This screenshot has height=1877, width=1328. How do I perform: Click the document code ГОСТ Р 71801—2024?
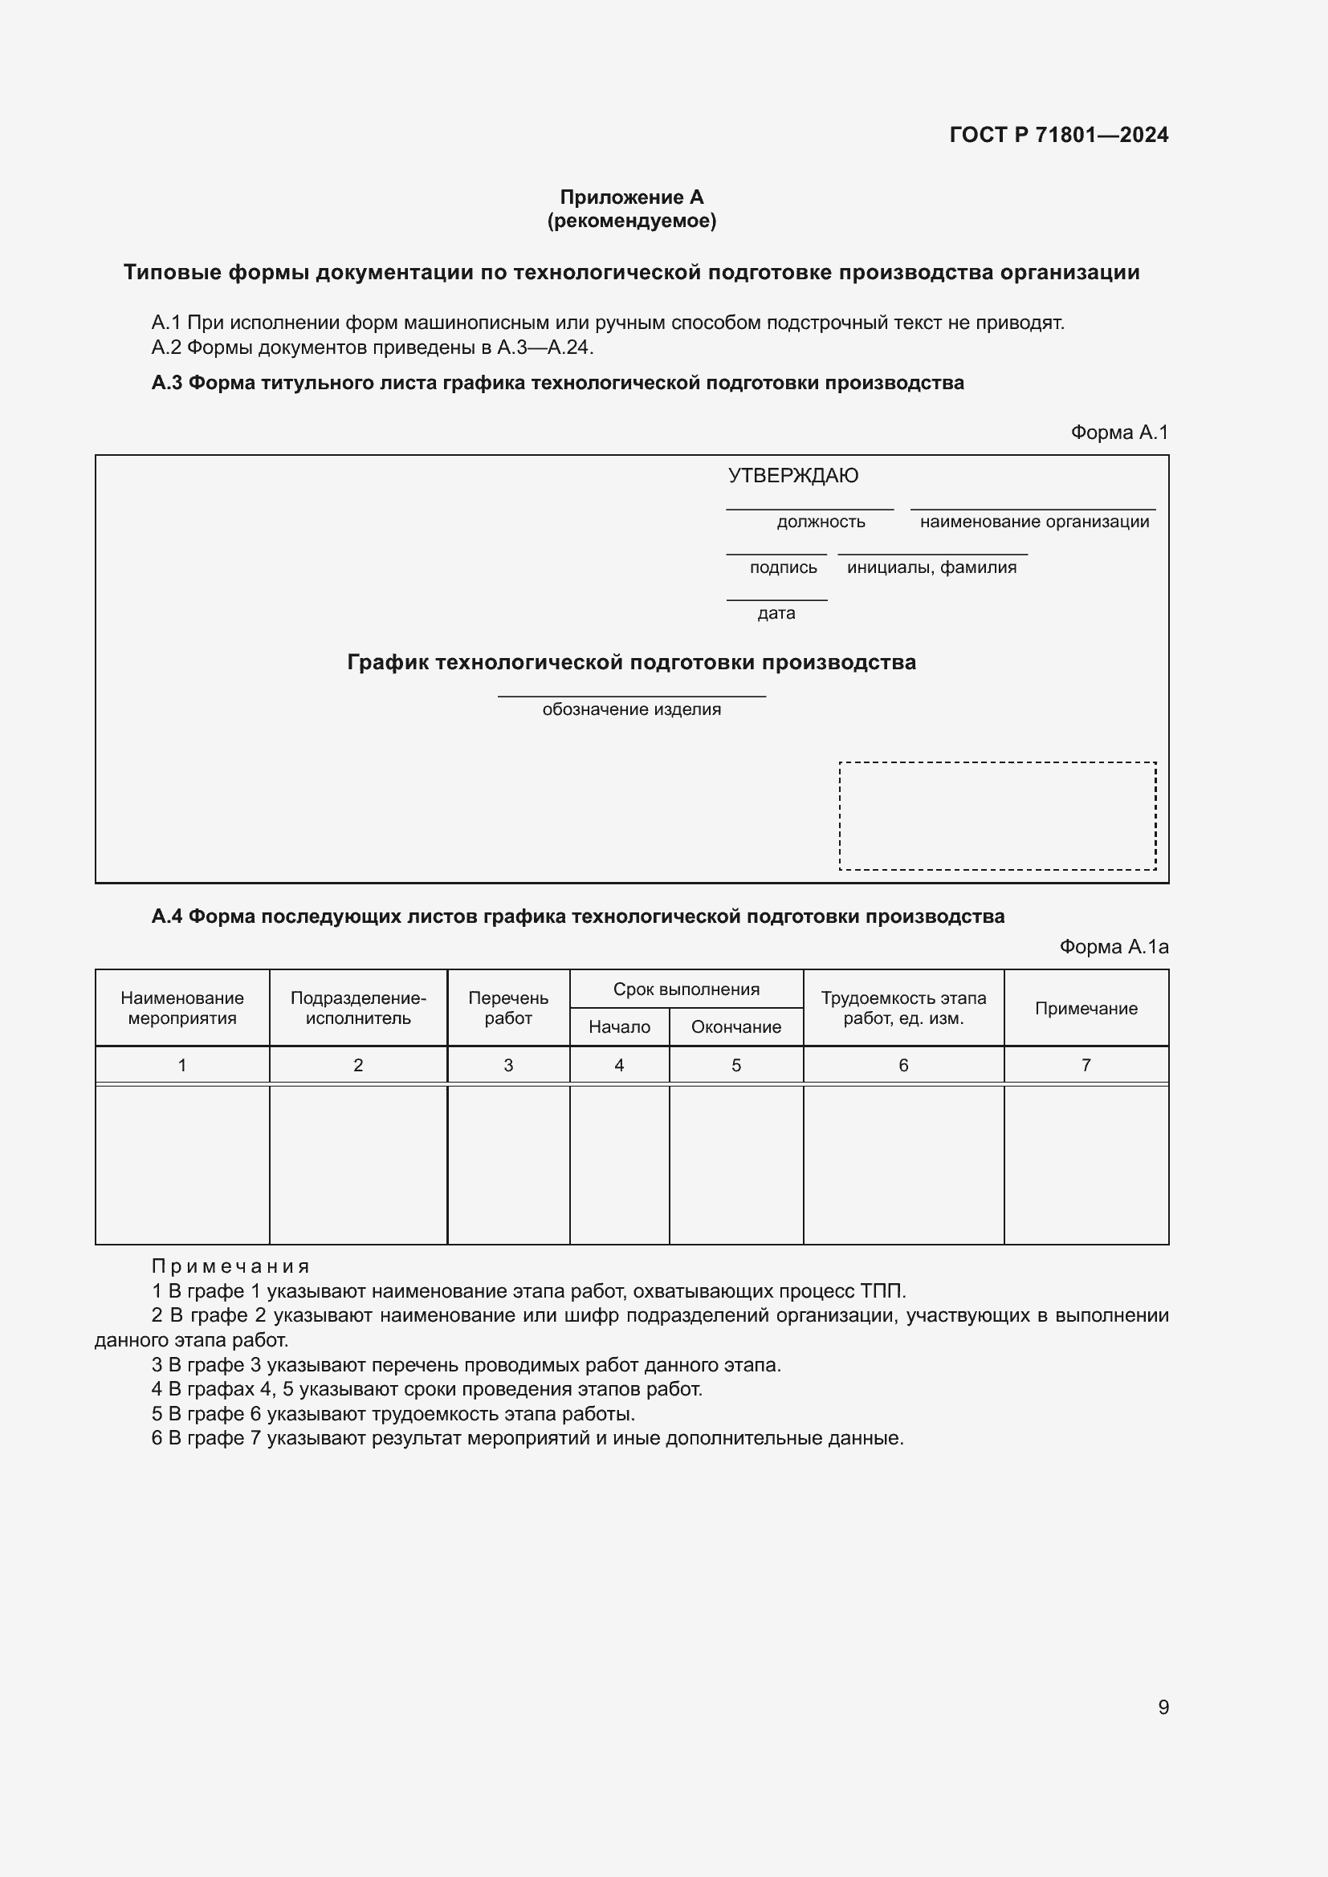(1058, 135)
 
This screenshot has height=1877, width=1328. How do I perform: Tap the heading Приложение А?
(631, 197)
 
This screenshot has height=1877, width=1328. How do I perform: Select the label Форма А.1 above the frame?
(1118, 433)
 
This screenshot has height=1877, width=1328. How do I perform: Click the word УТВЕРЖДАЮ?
(792, 476)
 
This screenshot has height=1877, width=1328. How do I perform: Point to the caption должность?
(821, 522)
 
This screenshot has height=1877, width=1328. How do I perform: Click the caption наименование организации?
(1033, 522)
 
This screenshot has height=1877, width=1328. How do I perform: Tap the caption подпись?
(783, 567)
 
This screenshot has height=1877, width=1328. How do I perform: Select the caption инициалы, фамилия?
(931, 567)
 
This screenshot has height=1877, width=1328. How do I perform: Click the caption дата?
(776, 613)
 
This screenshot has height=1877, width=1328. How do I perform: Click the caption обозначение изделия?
(631, 709)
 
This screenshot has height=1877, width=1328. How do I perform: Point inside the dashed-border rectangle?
(997, 816)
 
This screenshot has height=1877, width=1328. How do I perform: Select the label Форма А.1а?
(1113, 947)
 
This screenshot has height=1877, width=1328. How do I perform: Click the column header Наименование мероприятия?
(182, 1008)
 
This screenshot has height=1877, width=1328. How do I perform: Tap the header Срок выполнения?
(686, 989)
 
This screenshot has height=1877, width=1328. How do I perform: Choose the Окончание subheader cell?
(736, 1027)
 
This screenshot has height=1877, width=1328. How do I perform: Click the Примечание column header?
(1086, 1009)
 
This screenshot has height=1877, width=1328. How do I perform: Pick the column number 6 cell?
(902, 1065)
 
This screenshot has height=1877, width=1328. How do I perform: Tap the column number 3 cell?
(507, 1065)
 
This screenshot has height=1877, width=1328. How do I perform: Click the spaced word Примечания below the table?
(230, 1266)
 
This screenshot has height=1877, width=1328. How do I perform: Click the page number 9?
(1163, 1707)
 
